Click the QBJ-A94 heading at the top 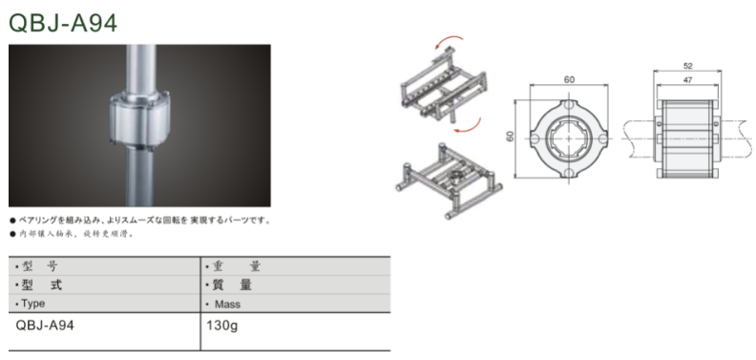click(63, 23)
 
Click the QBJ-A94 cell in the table click(45, 326)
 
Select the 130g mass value click(222, 327)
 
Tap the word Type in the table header click(33, 304)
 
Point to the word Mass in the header click(227, 304)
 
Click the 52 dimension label click(688, 66)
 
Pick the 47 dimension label click(688, 80)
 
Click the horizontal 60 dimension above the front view click(570, 79)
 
